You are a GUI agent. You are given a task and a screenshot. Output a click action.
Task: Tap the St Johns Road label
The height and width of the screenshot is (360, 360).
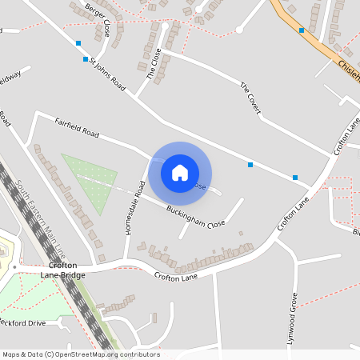(x=107, y=73)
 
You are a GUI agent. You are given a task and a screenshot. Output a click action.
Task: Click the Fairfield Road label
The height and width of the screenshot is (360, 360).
(x=77, y=128)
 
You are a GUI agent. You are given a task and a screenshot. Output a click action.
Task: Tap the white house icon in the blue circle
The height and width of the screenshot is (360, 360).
(x=180, y=173)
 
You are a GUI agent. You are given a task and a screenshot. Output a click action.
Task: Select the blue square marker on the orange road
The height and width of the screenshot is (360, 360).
(x=302, y=30)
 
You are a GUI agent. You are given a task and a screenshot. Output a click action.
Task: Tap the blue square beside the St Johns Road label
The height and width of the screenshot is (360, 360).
(x=86, y=59)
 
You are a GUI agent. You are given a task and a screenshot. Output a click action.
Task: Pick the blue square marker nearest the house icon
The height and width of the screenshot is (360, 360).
(x=250, y=165)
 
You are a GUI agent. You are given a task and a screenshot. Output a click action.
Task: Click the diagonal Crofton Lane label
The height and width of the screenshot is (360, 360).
(x=294, y=215)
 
